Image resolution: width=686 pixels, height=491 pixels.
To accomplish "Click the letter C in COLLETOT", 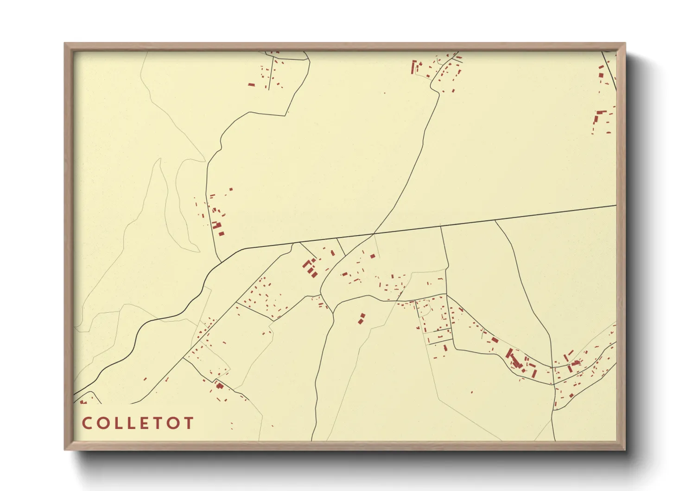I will click(x=86, y=423).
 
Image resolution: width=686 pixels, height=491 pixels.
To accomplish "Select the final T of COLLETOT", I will click(x=189, y=423).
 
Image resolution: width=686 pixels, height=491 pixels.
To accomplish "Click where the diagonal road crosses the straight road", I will click(x=374, y=233).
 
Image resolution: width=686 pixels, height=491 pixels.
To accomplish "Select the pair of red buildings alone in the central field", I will click(x=362, y=318).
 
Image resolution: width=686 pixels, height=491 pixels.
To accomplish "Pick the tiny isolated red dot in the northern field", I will click(x=384, y=93).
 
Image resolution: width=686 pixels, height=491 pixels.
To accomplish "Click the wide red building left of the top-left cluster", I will click(x=251, y=85).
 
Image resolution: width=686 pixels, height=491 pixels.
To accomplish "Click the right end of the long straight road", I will click(x=616, y=205).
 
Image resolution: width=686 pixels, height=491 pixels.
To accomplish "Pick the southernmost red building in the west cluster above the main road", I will click(x=221, y=233).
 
